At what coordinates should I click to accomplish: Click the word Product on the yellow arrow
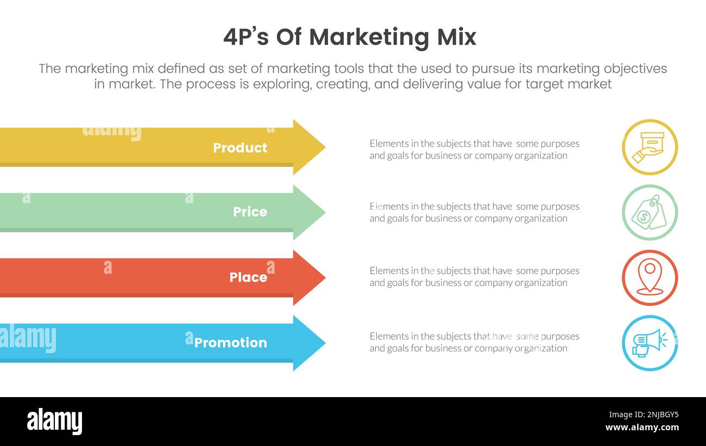click(x=239, y=148)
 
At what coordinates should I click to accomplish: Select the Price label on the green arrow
click(x=250, y=212)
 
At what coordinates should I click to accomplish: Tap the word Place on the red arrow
click(x=248, y=278)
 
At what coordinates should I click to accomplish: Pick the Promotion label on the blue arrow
click(x=230, y=343)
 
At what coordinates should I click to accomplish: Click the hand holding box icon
click(x=650, y=147)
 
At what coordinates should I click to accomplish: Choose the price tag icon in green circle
click(x=650, y=212)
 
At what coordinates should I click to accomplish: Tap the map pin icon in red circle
click(x=650, y=278)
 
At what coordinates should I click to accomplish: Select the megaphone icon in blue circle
click(x=650, y=343)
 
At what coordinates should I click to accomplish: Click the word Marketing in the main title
click(x=369, y=37)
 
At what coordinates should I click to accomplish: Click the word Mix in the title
click(x=457, y=37)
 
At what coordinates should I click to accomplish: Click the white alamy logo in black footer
click(x=54, y=422)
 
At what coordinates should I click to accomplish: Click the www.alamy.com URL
click(x=642, y=428)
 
